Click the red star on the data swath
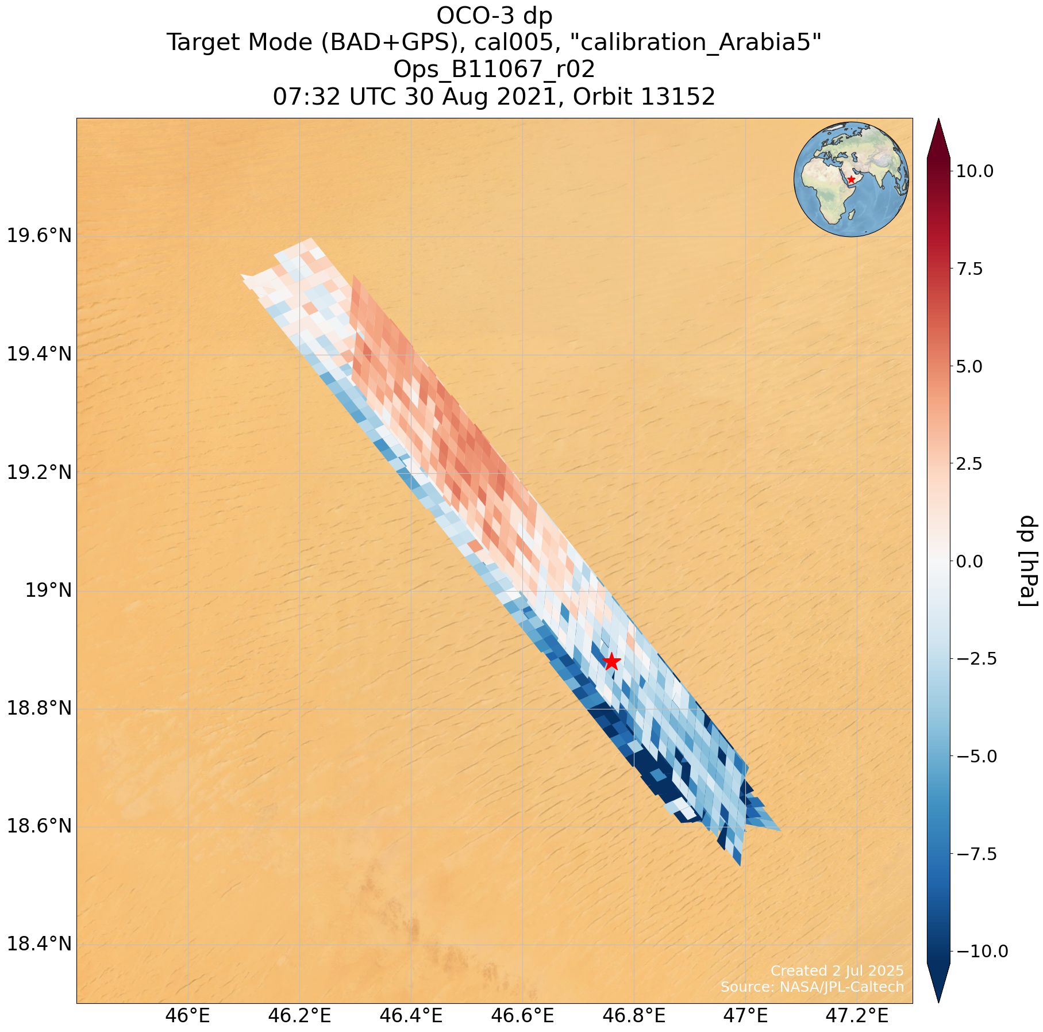click(611, 662)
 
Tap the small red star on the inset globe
click(851, 179)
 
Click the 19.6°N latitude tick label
click(39, 236)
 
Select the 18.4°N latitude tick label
click(39, 944)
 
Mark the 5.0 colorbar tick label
click(976, 366)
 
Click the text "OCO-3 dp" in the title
click(494, 16)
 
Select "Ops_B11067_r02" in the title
click(494, 70)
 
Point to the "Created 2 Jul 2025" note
click(837, 970)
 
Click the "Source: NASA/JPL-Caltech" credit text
click(812, 987)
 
